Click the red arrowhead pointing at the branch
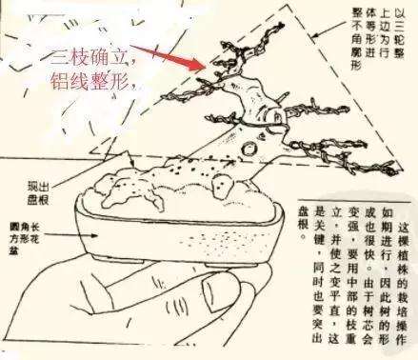[197, 67]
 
